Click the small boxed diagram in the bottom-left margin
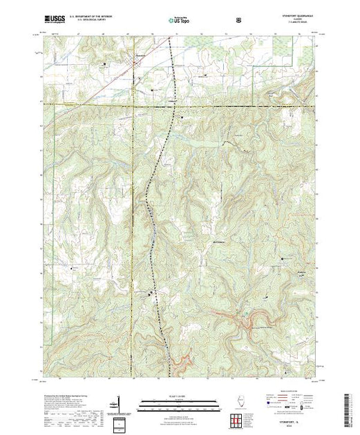click(x=119, y=421)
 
